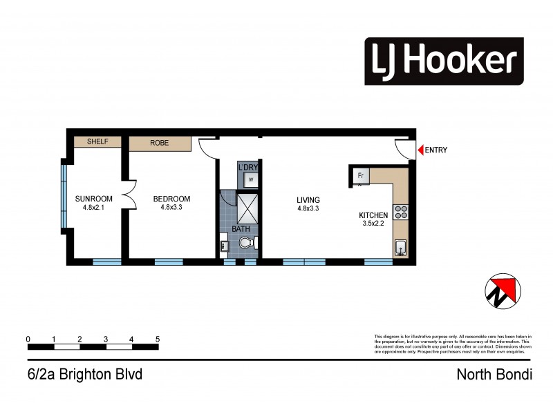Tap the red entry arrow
click(x=419, y=150)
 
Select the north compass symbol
click(x=500, y=290)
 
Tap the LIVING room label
click(x=308, y=200)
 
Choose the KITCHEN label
click(x=373, y=215)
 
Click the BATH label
click(x=241, y=228)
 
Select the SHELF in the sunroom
click(x=98, y=142)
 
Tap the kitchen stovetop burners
click(x=400, y=213)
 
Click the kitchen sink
click(x=400, y=247)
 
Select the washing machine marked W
click(x=250, y=180)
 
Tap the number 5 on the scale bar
click(x=158, y=339)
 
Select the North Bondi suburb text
click(x=494, y=375)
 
